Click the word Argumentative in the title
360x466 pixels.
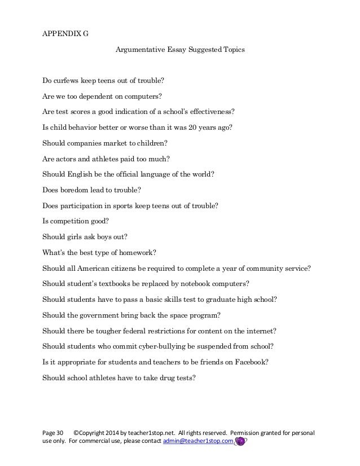tap(139, 50)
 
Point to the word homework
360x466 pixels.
tap(139, 253)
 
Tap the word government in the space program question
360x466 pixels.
tap(98, 316)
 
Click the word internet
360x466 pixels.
tap(259, 332)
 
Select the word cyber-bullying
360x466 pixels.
tap(152, 348)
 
